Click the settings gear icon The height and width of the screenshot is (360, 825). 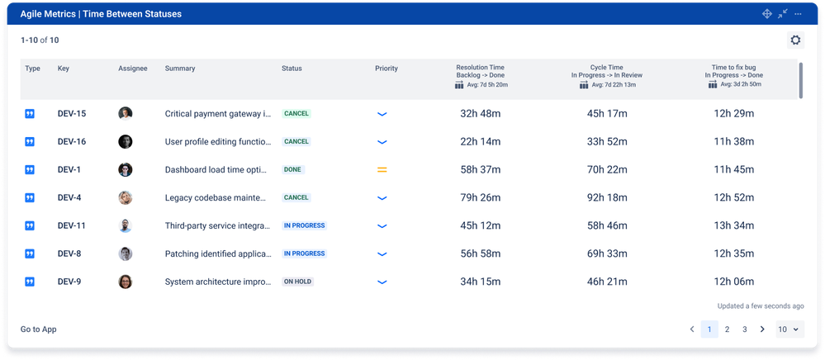795,40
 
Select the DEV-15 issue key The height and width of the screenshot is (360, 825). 72,114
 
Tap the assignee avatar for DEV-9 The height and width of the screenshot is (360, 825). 126,282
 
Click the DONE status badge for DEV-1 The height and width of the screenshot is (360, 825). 293,169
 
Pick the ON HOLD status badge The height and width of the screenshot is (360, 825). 298,282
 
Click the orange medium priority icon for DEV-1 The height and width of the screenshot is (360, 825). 382,169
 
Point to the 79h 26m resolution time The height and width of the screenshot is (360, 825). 481,197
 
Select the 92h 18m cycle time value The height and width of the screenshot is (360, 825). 606,197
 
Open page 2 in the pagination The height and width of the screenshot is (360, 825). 727,329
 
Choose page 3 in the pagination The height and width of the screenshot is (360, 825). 744,329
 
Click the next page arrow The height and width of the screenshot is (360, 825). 762,329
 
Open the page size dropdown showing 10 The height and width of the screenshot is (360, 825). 789,329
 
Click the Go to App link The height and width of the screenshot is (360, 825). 39,329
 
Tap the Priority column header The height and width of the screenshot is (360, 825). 386,69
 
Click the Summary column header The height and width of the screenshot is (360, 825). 180,69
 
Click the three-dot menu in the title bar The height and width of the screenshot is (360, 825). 798,14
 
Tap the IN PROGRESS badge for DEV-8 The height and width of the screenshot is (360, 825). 304,253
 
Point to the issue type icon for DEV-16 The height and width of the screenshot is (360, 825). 30,142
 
